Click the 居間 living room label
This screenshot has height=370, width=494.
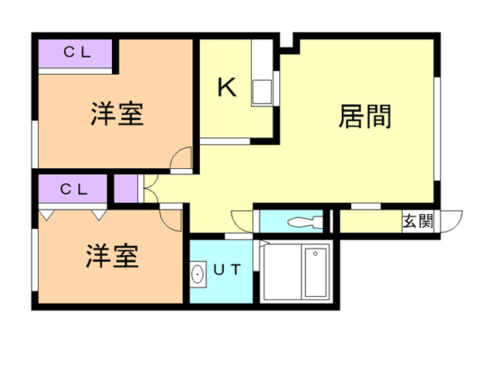point(365,116)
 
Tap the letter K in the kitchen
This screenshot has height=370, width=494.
point(227,87)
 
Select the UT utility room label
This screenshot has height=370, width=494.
point(227,270)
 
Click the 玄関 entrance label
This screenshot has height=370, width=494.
point(418,221)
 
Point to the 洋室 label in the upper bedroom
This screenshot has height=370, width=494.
point(117,113)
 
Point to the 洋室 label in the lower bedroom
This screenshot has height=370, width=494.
point(112,255)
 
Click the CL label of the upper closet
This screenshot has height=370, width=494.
point(77,52)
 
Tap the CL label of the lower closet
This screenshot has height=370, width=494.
point(74,190)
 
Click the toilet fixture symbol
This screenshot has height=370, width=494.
point(304,222)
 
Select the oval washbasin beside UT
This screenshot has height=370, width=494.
point(198,274)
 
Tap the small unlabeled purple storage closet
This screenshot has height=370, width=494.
point(126,189)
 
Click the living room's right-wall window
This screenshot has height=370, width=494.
point(437,129)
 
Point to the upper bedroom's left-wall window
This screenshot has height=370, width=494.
point(35,144)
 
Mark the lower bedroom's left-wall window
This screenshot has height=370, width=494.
point(35,260)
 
